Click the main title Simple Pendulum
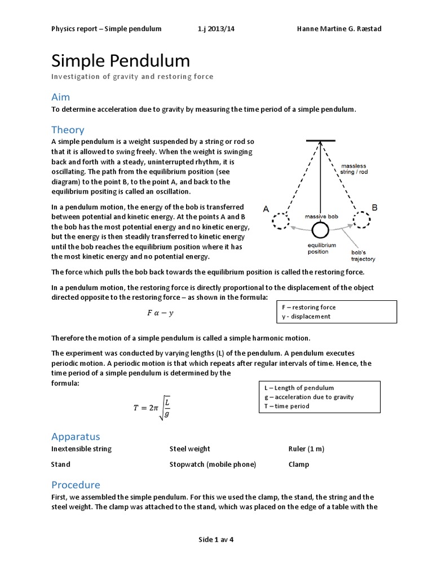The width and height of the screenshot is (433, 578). [121, 60]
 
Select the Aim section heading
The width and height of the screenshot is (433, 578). [61, 97]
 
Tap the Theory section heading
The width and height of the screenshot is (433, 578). [68, 130]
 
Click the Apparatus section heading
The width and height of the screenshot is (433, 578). [76, 436]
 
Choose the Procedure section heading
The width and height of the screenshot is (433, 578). [76, 485]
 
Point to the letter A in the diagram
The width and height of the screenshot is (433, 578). [266, 209]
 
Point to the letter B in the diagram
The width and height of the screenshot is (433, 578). [373, 208]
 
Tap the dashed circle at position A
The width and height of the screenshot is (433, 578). [281, 221]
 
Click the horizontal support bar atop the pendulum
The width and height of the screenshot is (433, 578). [320, 140]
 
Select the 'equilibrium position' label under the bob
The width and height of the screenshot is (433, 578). [321, 249]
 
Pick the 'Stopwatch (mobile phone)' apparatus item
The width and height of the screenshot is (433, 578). [213, 465]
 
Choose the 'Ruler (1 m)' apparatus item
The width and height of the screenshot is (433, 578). [306, 449]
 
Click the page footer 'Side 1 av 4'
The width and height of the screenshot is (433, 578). [216, 539]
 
